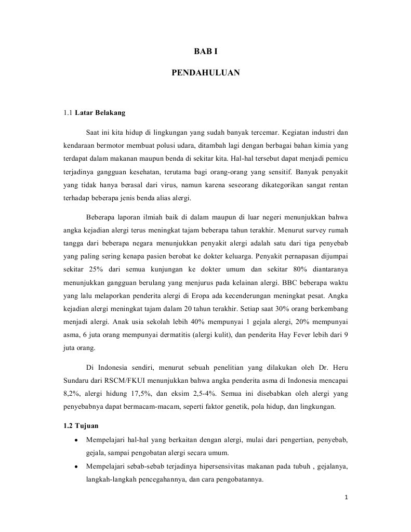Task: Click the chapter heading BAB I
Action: pyautogui.click(x=205, y=51)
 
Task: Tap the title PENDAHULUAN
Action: pyautogui.click(x=205, y=74)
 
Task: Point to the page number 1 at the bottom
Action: pyautogui.click(x=346, y=498)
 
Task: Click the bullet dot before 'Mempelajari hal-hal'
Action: pyautogui.click(x=76, y=439)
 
